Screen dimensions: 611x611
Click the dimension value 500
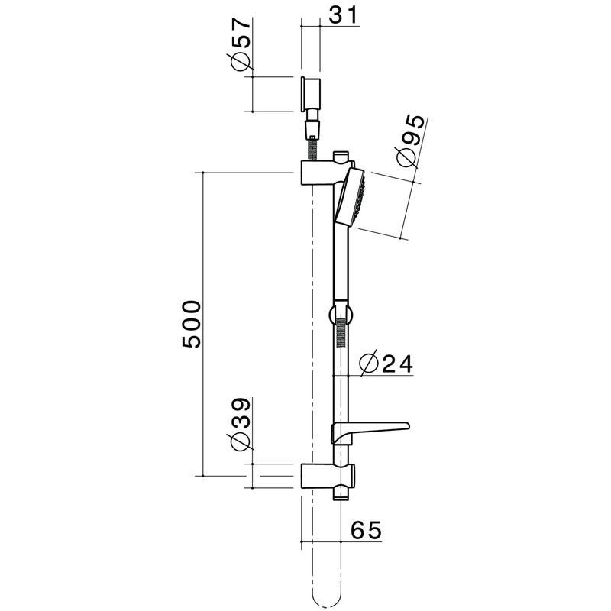click(192, 325)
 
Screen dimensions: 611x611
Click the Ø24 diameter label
click(386, 364)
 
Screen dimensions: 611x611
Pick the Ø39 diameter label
click(240, 424)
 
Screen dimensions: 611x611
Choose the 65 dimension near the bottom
click(365, 529)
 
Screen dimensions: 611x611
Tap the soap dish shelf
click(374, 428)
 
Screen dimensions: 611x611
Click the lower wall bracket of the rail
click(321, 475)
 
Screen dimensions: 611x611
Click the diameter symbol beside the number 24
click(367, 364)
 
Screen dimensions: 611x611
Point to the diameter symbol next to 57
click(240, 62)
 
